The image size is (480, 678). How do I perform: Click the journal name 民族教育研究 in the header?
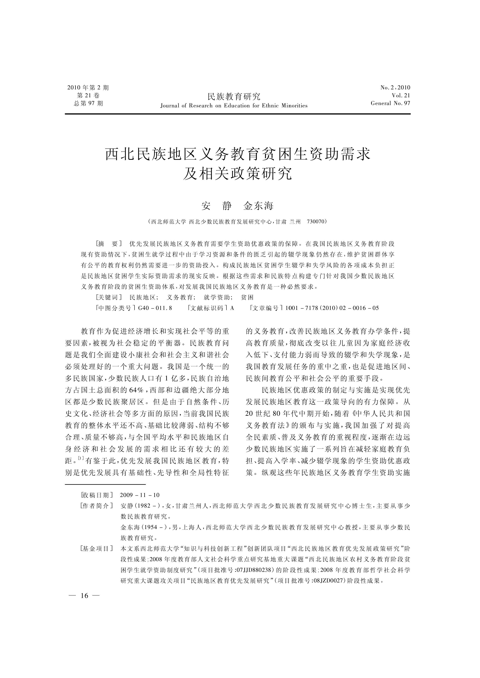point(234,96)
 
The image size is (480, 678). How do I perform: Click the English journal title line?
point(234,106)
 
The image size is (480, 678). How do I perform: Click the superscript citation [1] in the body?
point(81,458)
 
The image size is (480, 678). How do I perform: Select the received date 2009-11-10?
point(140,495)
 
